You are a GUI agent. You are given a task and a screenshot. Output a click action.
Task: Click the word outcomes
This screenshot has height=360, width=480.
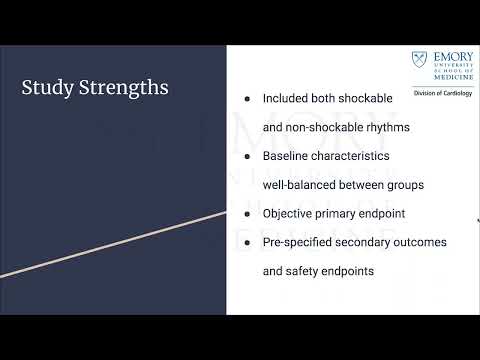tap(418, 242)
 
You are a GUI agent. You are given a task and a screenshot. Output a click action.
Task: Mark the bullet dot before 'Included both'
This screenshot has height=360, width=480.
tap(247, 99)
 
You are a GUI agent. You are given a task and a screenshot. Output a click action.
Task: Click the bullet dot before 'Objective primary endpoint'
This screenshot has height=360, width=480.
tap(247, 214)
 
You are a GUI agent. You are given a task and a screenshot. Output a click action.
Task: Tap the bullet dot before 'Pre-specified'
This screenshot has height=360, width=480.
tap(247, 242)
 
